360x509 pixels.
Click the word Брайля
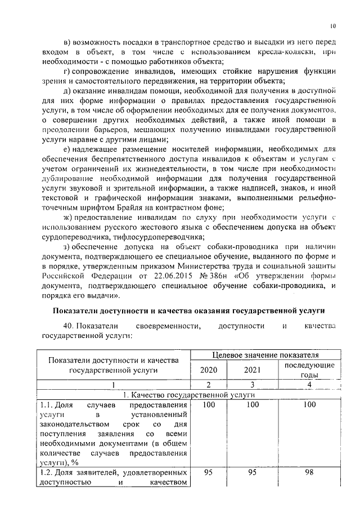124,208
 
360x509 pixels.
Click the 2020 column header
209,370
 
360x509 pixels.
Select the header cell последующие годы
309,370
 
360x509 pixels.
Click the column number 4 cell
309,385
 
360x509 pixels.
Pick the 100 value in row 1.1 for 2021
253,404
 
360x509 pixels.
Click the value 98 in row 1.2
309,472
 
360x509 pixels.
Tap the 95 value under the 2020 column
209,472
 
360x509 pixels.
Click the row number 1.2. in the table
49,472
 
